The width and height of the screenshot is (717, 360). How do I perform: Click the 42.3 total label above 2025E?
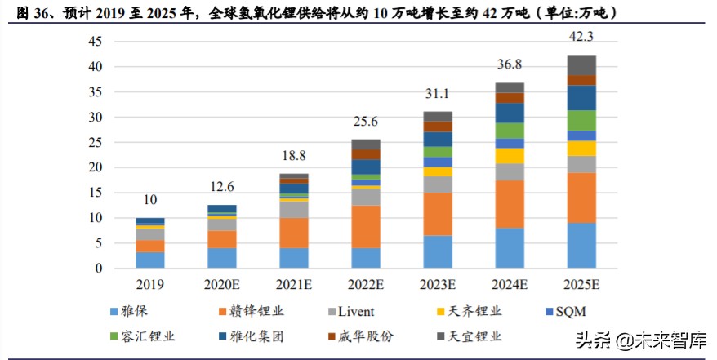[581, 37]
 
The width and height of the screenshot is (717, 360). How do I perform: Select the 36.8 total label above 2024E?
[510, 64]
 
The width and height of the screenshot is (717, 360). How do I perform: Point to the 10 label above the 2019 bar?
[149, 200]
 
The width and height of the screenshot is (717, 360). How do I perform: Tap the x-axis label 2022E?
[365, 284]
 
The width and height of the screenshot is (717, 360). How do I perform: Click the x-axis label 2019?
[149, 284]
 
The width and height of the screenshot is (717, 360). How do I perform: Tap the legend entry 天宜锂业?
[479, 336]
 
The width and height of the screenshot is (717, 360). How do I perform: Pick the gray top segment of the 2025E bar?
[581, 64]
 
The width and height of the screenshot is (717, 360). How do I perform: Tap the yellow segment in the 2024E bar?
[510, 156]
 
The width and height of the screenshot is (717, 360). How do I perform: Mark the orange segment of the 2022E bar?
[365, 226]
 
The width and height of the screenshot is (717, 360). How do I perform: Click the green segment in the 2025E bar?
[581, 120]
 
